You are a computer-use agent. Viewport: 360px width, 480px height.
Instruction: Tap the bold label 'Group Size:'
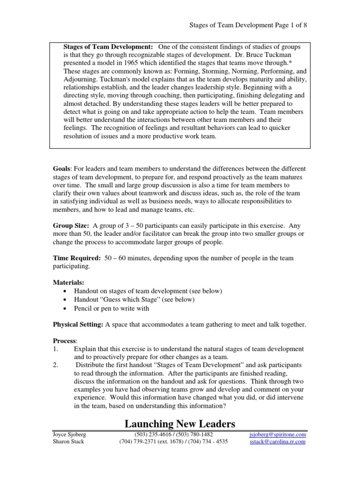click(70, 225)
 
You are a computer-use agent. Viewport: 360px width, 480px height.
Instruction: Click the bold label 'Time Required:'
click(75, 258)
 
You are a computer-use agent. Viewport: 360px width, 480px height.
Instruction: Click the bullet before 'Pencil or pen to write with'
click(65, 308)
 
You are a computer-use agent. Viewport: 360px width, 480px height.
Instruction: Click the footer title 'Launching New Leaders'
click(180, 424)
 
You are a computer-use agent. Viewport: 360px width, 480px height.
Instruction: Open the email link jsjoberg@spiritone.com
click(277, 435)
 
